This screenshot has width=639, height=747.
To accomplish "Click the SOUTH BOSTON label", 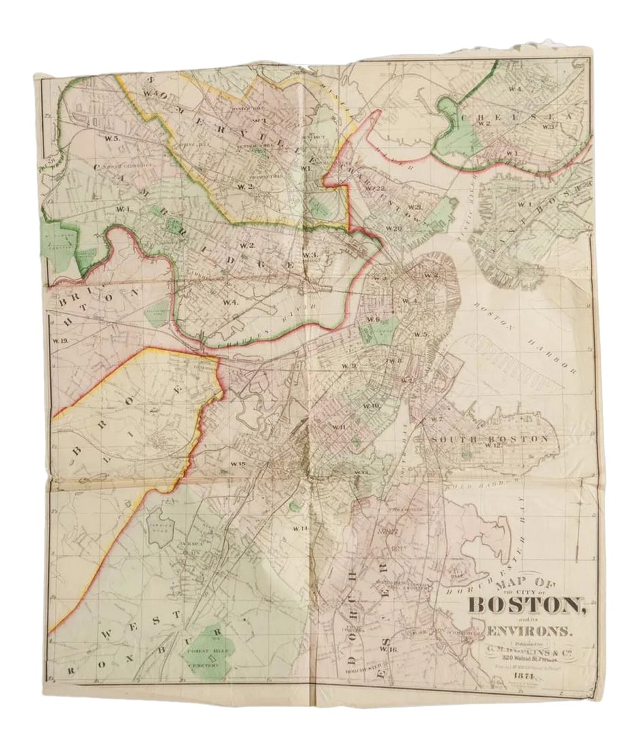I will (x=489, y=439).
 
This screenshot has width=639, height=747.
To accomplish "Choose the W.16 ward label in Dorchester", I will (x=388, y=649).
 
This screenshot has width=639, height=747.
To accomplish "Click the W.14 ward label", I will (x=300, y=528).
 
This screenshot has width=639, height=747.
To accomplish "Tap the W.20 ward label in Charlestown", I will (x=394, y=229).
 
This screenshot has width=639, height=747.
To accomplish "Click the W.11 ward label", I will (x=339, y=426).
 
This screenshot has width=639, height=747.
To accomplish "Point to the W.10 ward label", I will (x=370, y=405).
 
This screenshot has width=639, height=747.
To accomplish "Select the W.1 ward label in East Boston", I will (x=525, y=204).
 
